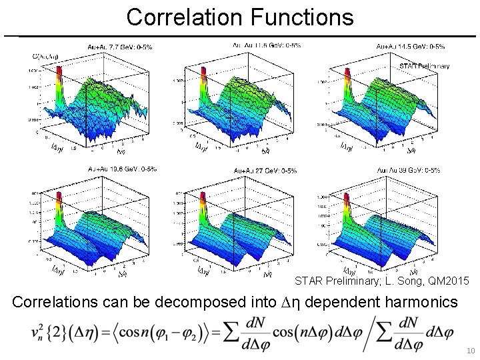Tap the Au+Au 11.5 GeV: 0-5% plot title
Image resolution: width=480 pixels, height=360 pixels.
tap(266, 45)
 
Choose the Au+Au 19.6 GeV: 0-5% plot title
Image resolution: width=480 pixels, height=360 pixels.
tap(123, 169)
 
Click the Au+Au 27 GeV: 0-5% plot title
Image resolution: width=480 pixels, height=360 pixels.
tap(264, 171)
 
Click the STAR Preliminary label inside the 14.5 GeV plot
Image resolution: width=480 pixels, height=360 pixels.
tap(424, 67)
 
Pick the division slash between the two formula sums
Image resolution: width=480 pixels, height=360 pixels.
tap(365, 332)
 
